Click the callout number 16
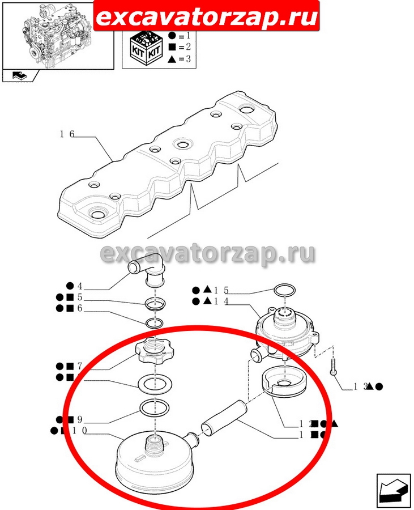67,134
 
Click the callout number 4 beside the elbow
80,286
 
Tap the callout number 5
80,297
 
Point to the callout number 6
80,309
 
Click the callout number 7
80,365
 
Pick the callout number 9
80,420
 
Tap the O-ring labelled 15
284,291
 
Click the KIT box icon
144,48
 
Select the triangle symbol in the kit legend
172,59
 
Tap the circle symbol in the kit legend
172,35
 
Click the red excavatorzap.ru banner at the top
206,18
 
